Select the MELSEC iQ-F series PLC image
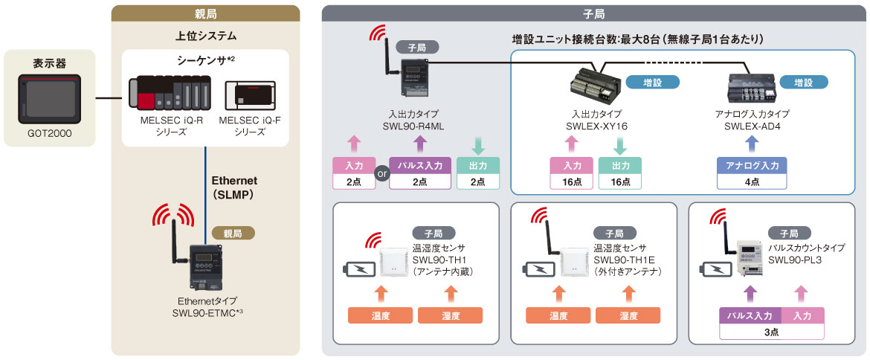249,96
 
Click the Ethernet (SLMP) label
234,187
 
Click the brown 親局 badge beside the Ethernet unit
233,233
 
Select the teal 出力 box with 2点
478,173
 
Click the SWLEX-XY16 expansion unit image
594,85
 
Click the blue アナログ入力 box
751,173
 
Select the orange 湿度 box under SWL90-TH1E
628,315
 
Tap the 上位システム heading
205,35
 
